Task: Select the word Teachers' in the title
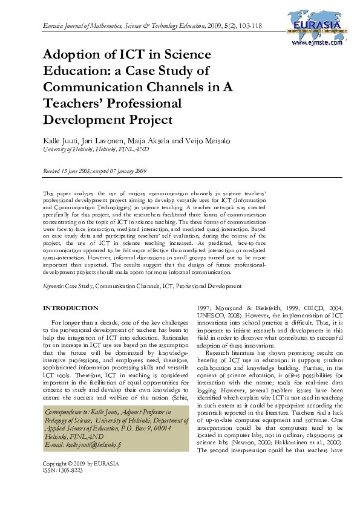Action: [75, 102]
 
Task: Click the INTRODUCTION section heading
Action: [71, 308]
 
